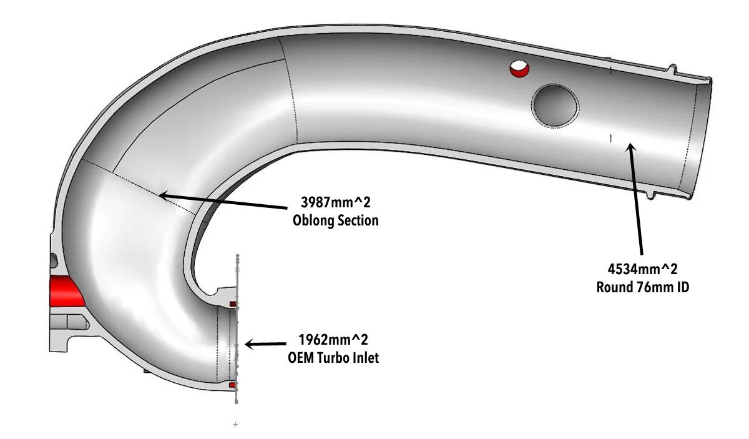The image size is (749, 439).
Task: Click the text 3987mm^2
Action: point(335,203)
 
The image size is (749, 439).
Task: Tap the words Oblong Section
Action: point(335,220)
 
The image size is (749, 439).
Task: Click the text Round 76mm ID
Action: point(643,287)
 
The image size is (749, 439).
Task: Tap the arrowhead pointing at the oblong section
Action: point(164,195)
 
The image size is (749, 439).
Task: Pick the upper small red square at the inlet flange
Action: point(233,304)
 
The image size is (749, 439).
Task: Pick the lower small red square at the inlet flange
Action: point(233,385)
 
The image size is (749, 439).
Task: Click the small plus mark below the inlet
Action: point(235,425)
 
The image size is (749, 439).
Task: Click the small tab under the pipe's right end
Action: point(649,195)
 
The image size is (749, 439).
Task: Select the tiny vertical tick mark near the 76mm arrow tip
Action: point(611,138)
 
